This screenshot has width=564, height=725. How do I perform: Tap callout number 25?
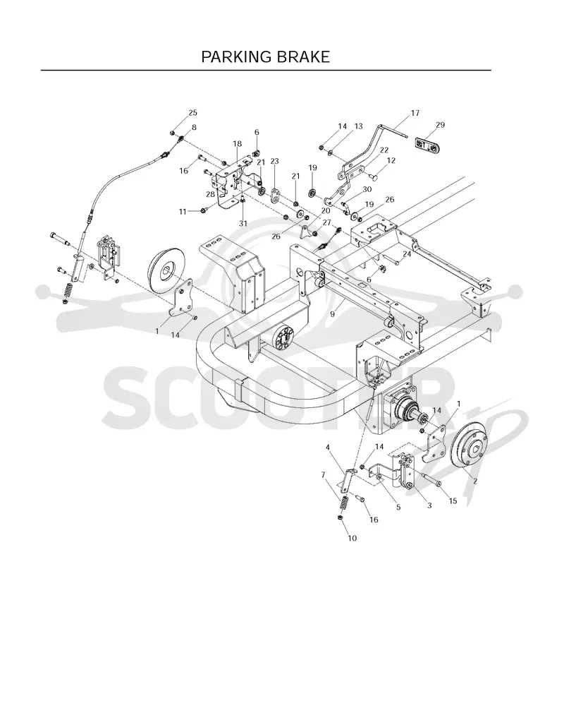tap(192, 113)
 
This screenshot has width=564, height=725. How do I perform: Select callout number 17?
tap(415, 113)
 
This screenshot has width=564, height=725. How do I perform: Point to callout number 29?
tap(440, 125)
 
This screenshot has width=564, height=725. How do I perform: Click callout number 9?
tap(333, 314)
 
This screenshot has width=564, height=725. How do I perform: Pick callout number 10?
tap(352, 538)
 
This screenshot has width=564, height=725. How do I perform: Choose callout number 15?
tap(453, 501)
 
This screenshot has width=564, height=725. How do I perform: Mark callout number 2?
tap(475, 481)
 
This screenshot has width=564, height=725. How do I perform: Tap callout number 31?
tap(243, 223)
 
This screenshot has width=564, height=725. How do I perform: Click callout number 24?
tap(407, 254)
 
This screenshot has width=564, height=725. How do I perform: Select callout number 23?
tap(275, 161)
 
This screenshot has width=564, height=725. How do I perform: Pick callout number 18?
tap(237, 144)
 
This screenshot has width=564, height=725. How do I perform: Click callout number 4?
tap(328, 447)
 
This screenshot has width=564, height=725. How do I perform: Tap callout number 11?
tap(183, 211)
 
